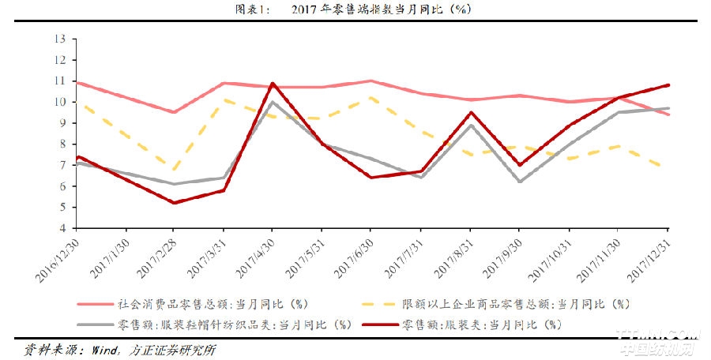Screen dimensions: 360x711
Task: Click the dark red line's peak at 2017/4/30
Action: point(273,83)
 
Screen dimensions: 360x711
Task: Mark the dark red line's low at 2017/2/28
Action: point(173,203)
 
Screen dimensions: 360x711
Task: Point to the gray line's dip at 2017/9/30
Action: point(521,182)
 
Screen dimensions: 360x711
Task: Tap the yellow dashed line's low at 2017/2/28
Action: point(173,170)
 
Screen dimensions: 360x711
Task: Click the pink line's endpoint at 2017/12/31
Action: point(670,114)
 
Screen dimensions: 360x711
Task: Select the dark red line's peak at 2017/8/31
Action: point(471,112)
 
